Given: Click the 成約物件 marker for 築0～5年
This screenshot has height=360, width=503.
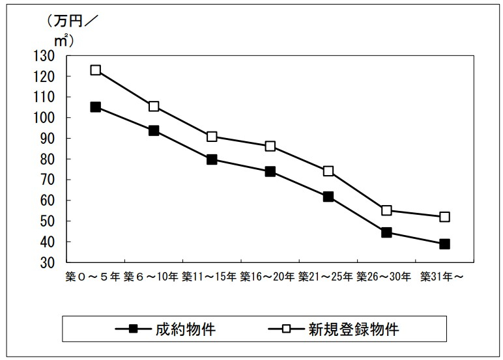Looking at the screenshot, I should tap(96, 107).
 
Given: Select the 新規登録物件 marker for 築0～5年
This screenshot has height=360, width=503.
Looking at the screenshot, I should tap(96, 70).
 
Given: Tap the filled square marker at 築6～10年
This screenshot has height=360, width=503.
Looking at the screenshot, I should tap(154, 130).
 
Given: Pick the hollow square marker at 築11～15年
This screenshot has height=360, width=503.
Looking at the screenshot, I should tap(212, 137).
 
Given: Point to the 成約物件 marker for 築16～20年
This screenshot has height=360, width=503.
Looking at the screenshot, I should tap(270, 172).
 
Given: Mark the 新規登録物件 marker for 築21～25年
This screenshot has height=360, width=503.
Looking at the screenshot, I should tap(328, 171).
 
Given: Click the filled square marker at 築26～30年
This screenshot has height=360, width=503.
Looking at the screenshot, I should tap(386, 232).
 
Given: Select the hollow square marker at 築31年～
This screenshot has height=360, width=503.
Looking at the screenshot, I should tap(444, 217).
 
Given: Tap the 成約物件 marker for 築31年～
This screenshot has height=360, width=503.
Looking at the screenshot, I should tap(444, 244).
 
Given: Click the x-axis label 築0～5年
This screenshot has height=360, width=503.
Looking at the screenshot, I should tap(93, 277).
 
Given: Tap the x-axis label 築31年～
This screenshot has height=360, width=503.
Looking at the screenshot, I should tap(442, 277).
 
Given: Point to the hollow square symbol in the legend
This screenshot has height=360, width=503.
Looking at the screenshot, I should tap(285, 329).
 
